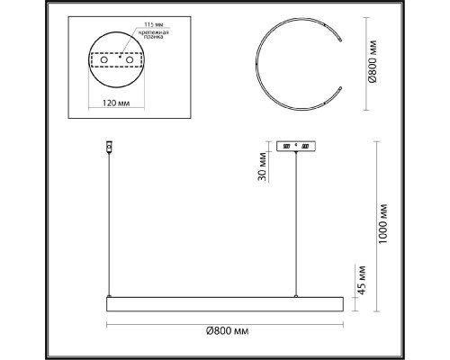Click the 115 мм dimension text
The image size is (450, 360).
click(154, 24)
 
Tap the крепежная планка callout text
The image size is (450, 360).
click(153, 34)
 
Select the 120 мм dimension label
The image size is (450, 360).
click(116, 103)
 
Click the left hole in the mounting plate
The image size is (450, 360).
click(104, 59)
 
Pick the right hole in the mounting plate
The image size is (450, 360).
click(130, 59)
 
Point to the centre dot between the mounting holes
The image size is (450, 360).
click(120, 56)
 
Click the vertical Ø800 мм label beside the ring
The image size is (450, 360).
click(373, 61)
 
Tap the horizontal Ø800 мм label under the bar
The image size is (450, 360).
click(228, 331)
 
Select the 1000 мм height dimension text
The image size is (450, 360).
click(382, 224)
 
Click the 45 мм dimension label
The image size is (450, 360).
click(362, 280)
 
